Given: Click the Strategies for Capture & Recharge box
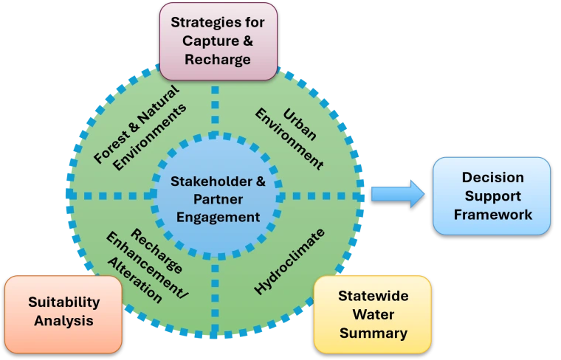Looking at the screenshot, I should [217, 41].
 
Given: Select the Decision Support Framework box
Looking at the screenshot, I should [492, 196].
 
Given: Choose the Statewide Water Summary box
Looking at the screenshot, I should [373, 314].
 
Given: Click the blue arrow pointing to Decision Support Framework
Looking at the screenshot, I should [397, 194].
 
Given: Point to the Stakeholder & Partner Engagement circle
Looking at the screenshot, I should [216, 198].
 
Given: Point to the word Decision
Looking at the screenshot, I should [492, 178].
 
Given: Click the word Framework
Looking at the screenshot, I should [492, 215].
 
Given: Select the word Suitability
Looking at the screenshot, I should [63, 302].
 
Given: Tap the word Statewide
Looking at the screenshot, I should [373, 296].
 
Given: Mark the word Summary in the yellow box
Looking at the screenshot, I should [373, 333].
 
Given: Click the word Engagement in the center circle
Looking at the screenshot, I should [216, 217].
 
